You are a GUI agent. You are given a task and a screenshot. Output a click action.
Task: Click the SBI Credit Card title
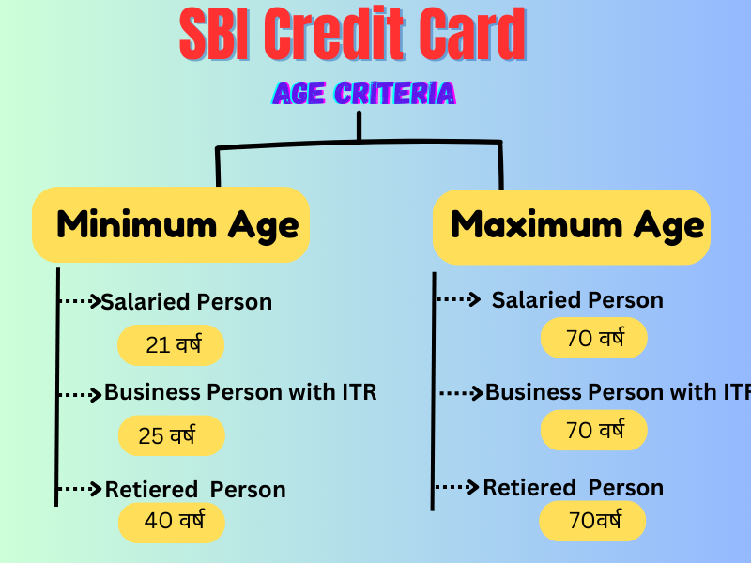[353, 34]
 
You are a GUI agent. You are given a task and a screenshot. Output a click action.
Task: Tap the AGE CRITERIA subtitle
[364, 93]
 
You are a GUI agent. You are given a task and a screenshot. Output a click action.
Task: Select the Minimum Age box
[171, 224]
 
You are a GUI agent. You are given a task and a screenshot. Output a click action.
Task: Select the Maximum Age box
[572, 227]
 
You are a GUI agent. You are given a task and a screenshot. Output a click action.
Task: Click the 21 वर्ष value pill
[171, 345]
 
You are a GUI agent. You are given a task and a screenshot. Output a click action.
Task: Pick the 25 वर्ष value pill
[172, 435]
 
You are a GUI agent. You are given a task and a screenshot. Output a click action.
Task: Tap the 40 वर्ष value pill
[172, 522]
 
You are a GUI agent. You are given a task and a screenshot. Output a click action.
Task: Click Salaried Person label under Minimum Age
[186, 302]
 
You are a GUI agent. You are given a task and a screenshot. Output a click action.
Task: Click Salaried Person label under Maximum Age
[577, 300]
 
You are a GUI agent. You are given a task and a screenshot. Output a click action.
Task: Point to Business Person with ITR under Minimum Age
[240, 392]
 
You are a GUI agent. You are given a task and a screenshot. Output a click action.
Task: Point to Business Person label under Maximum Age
[618, 392]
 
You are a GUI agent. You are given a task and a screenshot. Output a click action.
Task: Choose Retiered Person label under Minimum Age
[195, 490]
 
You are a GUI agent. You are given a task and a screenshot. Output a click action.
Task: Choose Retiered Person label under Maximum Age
[574, 488]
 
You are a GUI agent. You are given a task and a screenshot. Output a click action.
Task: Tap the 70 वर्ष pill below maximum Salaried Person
[594, 338]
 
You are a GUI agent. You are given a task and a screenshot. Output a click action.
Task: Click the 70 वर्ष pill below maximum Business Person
[594, 430]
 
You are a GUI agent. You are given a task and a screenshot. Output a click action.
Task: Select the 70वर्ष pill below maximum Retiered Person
[592, 521]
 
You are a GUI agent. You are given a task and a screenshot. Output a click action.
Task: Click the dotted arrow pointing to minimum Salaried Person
[80, 301]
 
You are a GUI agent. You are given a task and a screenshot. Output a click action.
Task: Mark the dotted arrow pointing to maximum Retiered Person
[457, 487]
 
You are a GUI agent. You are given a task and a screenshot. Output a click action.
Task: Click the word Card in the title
[472, 34]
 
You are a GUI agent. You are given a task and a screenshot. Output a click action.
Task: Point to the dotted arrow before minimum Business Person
[80, 395]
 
